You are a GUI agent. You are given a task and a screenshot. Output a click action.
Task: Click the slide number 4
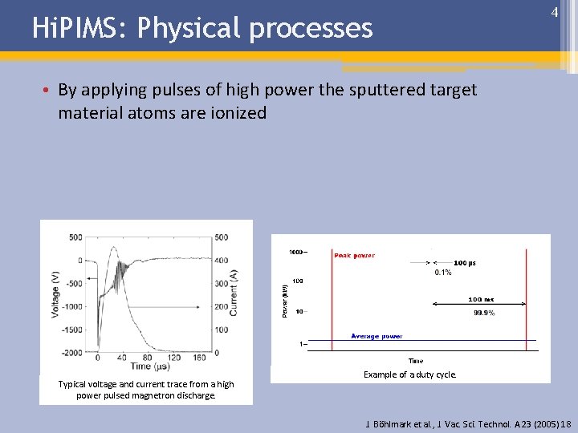point(554,13)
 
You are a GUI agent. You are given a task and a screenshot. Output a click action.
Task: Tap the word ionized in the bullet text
point(235,113)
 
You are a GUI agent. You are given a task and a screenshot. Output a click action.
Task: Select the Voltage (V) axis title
point(56,293)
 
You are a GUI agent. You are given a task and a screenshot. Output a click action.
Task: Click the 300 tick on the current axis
point(220,283)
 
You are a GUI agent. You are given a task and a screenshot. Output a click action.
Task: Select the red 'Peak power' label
point(354,256)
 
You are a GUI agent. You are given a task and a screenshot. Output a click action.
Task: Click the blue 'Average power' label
point(377,336)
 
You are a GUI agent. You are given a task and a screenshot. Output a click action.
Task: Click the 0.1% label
point(443,273)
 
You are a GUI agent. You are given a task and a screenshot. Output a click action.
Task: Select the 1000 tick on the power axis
point(296,253)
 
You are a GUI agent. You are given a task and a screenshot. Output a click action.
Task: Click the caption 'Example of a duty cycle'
point(410,374)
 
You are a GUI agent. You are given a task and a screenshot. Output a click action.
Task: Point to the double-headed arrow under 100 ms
point(478,303)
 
